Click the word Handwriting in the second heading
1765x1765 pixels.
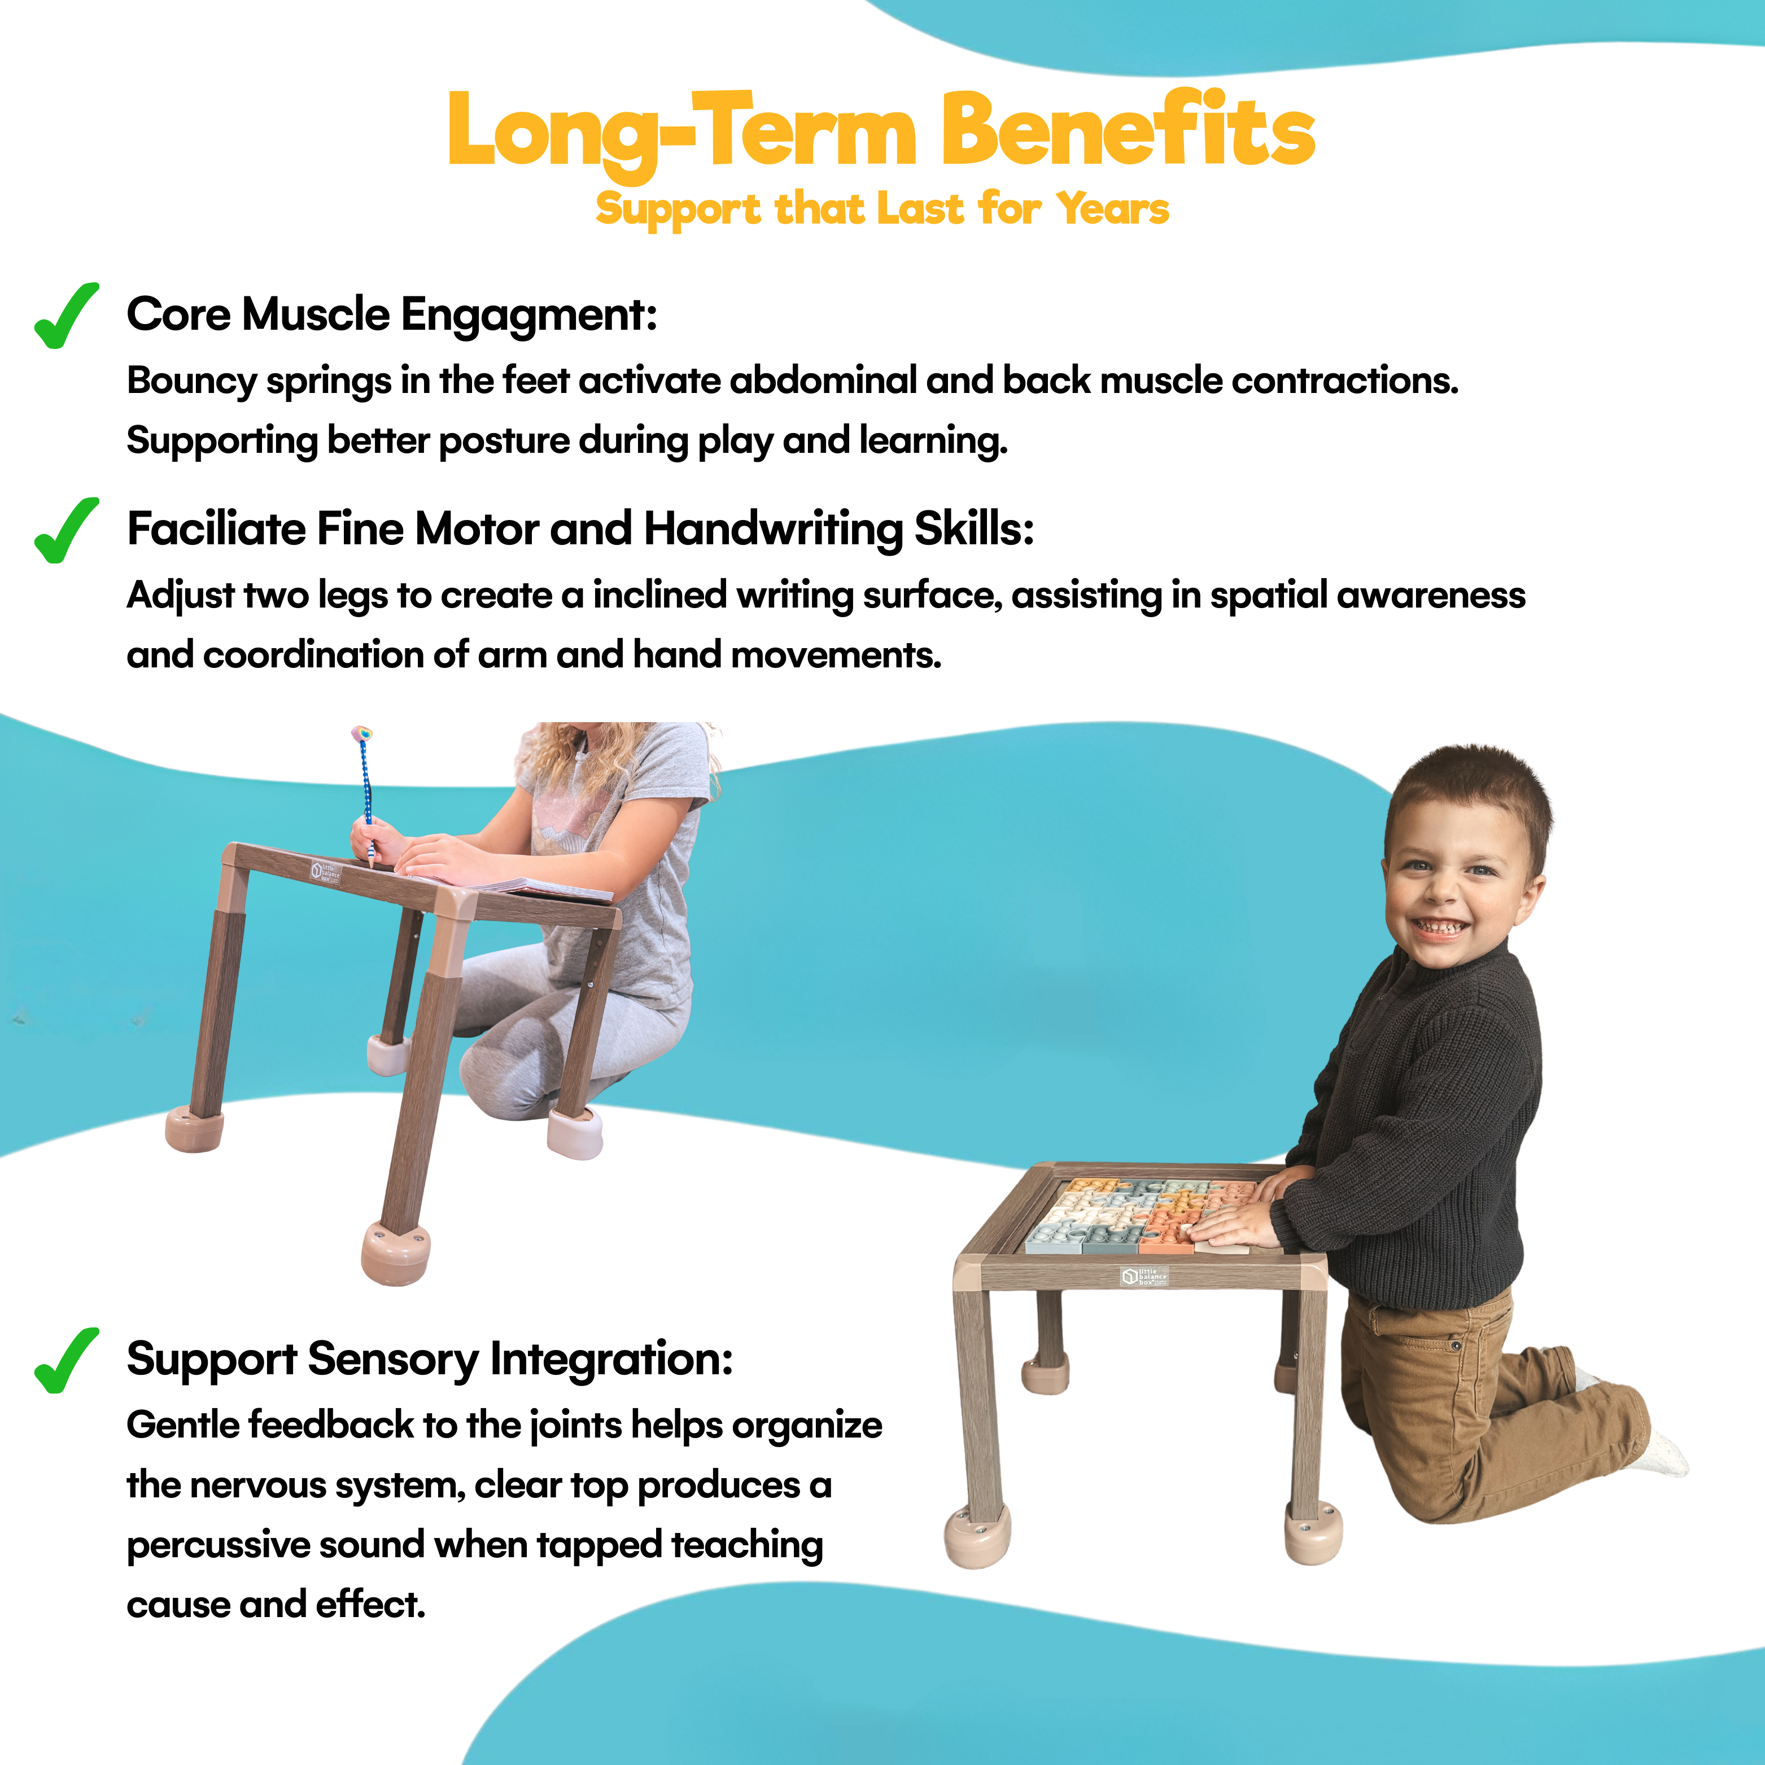[773, 530]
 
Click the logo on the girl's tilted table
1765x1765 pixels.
[325, 872]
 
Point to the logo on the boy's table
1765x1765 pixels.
[1144, 1276]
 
